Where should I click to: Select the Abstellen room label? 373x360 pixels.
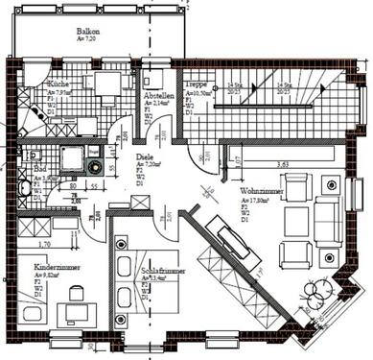pos(158,96)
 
